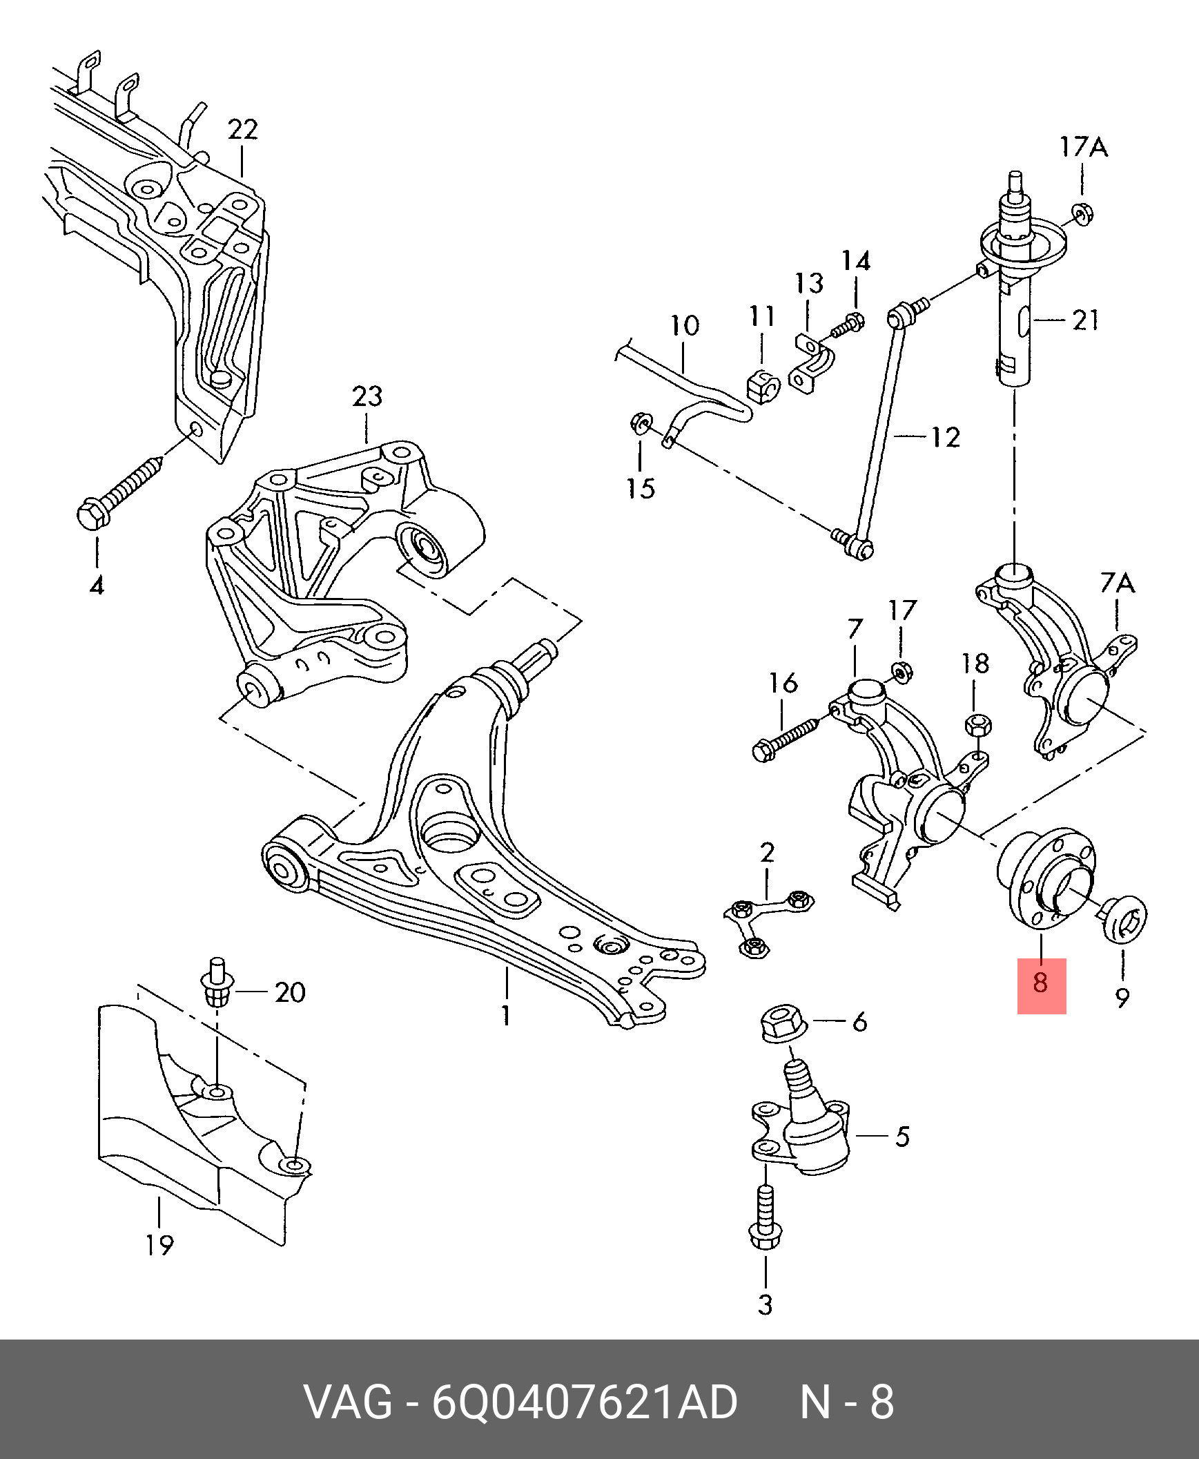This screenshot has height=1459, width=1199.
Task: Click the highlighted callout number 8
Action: (1041, 982)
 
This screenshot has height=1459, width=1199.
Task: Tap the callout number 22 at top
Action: (242, 129)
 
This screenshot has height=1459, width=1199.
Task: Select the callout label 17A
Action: (1084, 147)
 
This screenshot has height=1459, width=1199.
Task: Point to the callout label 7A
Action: (1118, 584)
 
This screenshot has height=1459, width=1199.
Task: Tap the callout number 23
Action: (367, 396)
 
